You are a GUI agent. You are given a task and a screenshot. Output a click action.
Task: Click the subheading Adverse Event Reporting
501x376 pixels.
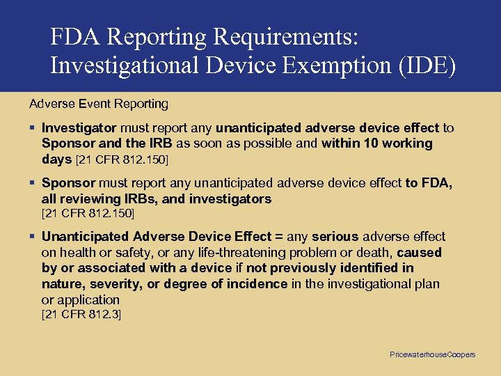tap(99, 104)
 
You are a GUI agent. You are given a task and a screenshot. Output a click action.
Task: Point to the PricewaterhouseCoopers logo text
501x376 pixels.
tap(432, 354)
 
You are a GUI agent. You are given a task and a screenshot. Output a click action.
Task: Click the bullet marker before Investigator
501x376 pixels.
tap(33, 128)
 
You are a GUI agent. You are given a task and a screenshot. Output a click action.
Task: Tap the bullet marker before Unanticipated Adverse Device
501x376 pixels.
tap(33, 237)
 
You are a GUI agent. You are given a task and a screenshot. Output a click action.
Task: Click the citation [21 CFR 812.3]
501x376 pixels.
tap(81, 315)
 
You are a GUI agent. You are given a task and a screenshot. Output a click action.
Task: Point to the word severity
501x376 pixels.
tap(102, 283)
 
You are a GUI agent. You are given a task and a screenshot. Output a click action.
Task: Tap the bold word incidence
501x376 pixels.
tap(260, 283)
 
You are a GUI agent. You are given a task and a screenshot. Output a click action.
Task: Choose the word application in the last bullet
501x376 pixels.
tap(88, 299)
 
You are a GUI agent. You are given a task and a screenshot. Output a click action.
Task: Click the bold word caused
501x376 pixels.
tap(419, 252)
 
